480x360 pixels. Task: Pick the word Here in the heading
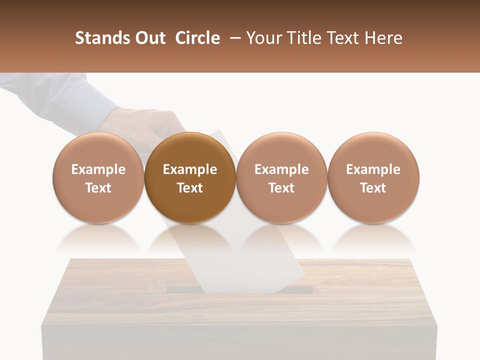coord(383,38)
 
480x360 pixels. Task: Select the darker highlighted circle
coord(190,177)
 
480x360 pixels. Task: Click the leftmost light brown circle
coord(98,177)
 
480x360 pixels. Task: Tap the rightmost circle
coord(373,177)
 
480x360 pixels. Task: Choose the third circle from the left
coord(281,177)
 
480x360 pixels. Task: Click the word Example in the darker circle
coord(190,169)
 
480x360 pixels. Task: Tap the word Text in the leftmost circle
coord(98,188)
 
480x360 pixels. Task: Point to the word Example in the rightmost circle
coord(373,169)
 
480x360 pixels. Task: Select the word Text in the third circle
coord(281,188)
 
